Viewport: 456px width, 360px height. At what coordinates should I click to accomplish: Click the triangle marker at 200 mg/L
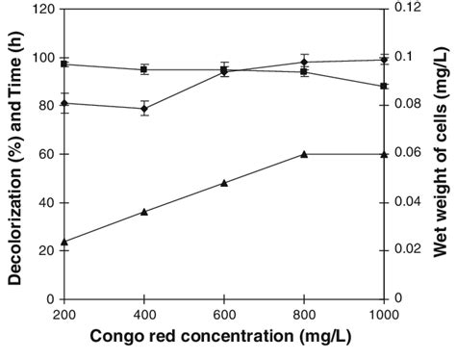click(x=64, y=242)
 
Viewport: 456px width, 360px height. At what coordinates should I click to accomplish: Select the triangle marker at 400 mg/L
click(x=144, y=212)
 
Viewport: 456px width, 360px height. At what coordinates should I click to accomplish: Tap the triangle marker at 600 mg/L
click(x=224, y=183)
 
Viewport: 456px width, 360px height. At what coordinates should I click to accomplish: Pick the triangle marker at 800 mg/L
click(x=304, y=154)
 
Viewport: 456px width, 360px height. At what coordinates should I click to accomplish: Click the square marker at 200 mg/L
click(x=64, y=64)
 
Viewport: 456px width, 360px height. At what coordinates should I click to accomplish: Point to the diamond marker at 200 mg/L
click(x=64, y=103)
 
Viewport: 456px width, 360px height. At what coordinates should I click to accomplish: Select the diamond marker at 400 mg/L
click(x=144, y=109)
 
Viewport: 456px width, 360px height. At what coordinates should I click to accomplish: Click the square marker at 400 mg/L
click(x=144, y=69)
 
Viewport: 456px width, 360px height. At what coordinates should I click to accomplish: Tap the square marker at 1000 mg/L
click(x=384, y=86)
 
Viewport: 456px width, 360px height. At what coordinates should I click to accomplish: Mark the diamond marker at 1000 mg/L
click(x=384, y=60)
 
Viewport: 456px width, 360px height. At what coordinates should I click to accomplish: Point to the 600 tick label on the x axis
click(x=224, y=314)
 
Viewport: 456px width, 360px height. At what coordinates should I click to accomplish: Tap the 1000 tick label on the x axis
click(x=383, y=314)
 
